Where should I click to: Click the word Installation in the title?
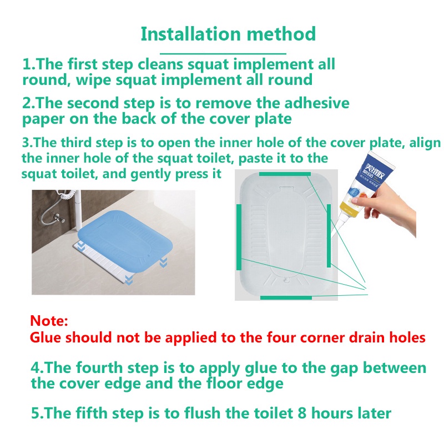pos(191,34)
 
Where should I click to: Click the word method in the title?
pos(281,34)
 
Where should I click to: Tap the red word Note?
pos(49,321)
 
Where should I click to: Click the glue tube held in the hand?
pos(364,187)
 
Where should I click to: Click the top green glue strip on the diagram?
pos(285,174)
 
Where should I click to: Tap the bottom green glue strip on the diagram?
pos(286,297)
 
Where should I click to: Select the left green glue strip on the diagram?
pos(239,237)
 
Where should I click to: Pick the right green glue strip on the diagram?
pos(329,235)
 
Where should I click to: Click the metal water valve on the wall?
pos(59,218)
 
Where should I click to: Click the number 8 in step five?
pos(302,413)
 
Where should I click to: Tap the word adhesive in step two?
pos(316,103)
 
